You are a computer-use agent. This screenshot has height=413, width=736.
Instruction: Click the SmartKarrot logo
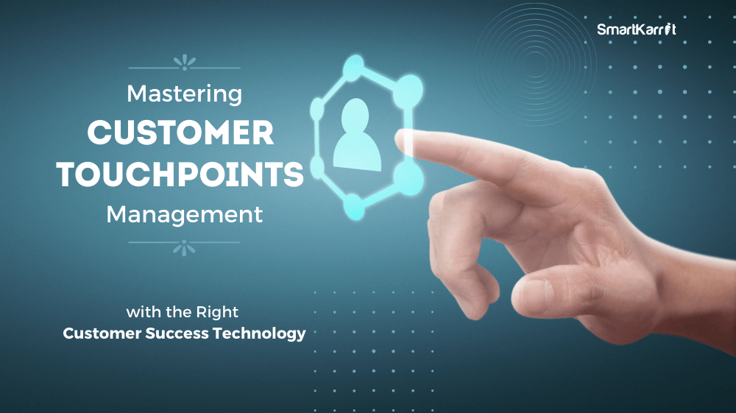click(x=636, y=29)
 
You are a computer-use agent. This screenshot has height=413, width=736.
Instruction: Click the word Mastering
click(x=185, y=94)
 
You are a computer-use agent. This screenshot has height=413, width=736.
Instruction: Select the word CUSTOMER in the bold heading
click(x=180, y=133)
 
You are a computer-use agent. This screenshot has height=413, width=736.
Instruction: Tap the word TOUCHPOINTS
click(x=180, y=174)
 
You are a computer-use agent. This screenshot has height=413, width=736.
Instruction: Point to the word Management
click(x=185, y=215)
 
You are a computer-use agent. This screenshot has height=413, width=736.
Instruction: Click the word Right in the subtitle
click(x=217, y=312)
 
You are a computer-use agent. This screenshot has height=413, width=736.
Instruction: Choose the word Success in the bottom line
click(x=177, y=333)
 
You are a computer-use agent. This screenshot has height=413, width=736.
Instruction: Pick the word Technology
click(x=259, y=333)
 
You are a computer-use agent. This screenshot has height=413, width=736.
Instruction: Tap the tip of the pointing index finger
click(x=400, y=140)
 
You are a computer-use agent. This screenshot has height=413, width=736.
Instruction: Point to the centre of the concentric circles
click(x=534, y=64)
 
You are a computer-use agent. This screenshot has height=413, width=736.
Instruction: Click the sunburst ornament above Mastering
click(x=185, y=63)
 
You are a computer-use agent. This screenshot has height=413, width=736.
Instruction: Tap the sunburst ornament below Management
click(x=184, y=248)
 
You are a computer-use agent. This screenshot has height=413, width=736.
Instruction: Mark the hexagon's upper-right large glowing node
click(x=408, y=90)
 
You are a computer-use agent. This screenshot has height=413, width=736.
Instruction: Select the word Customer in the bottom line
click(x=102, y=333)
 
